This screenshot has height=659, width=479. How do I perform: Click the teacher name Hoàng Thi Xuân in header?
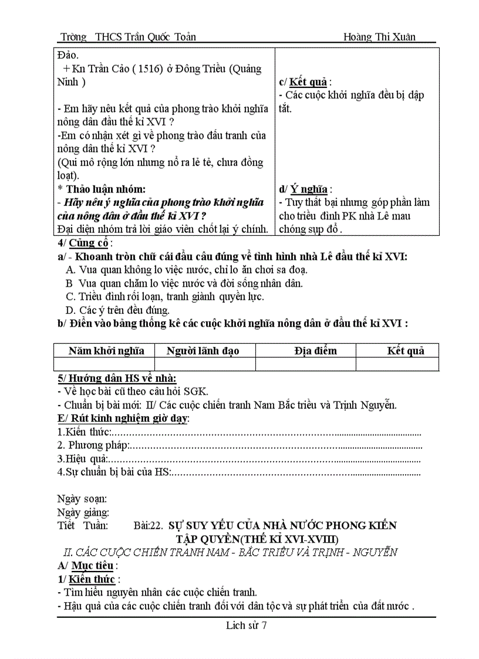379,37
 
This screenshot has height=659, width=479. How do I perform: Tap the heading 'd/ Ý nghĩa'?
303,189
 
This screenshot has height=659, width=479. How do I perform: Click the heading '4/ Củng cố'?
83,243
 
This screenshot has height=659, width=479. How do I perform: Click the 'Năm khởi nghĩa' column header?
106,351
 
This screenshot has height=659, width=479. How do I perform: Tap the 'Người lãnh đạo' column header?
203,351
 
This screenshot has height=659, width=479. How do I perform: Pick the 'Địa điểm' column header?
316,351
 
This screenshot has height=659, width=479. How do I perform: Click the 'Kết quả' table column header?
405,351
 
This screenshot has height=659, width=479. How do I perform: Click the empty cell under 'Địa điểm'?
305,364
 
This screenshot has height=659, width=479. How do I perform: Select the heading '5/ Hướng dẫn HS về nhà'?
117,378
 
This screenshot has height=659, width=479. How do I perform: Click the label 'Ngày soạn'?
82,499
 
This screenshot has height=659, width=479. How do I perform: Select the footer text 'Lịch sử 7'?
247,625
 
